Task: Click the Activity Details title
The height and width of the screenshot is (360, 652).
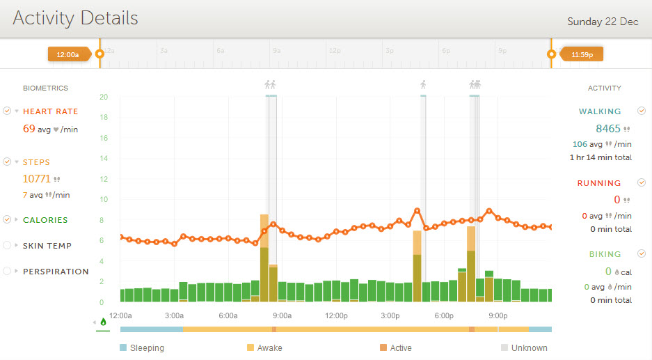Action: (x=75, y=18)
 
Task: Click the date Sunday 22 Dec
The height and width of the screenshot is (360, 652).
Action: (x=603, y=22)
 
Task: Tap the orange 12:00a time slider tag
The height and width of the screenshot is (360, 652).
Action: (x=67, y=54)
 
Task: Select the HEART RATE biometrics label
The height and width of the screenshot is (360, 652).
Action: (x=50, y=111)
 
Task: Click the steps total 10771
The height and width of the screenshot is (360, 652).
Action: (x=37, y=179)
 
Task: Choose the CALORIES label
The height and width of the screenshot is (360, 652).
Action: (x=45, y=220)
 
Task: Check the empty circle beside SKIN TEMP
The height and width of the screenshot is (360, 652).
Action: (x=7, y=246)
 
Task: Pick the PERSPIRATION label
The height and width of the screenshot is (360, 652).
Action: (x=56, y=272)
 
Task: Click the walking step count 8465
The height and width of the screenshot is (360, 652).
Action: (x=607, y=129)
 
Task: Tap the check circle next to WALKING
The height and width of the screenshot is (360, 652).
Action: (x=641, y=111)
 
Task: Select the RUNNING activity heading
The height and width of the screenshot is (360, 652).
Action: (x=598, y=183)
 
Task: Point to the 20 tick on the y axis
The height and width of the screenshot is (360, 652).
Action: (x=103, y=97)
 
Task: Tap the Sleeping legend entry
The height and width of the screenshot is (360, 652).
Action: (x=147, y=348)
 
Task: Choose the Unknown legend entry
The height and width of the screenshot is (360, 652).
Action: (x=529, y=348)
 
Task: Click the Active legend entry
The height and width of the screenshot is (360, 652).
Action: (x=401, y=348)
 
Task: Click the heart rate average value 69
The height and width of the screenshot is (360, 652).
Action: (x=29, y=129)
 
